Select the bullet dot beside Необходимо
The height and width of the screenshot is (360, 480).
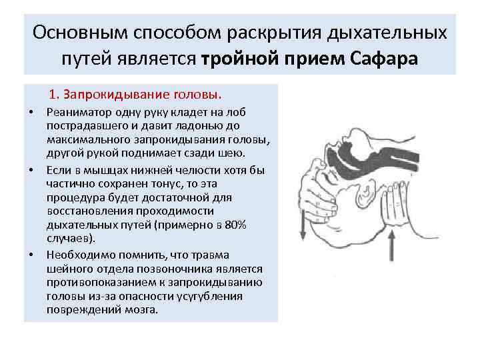click(31, 255)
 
